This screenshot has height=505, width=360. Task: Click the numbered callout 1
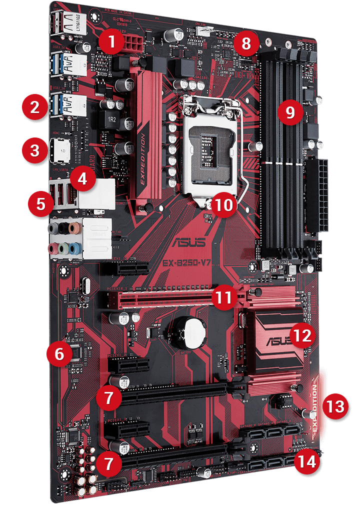(111, 43)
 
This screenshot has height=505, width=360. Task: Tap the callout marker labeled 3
(34, 150)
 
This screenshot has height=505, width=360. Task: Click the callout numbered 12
(302, 335)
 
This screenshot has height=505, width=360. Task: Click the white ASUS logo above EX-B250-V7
(188, 243)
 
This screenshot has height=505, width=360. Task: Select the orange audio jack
(73, 228)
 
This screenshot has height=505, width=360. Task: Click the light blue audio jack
(73, 247)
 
